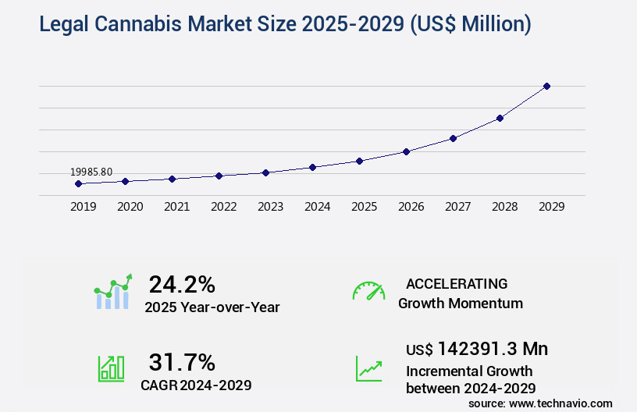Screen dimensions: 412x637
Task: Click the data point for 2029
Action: tap(546, 86)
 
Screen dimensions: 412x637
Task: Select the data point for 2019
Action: tap(78, 183)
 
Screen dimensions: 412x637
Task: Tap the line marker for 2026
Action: tap(406, 151)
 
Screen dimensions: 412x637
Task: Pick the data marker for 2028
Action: tap(500, 118)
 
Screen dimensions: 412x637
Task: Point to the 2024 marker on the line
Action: tap(312, 167)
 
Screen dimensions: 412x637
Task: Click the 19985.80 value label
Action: tap(91, 172)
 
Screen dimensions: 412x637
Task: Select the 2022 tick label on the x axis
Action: tap(223, 207)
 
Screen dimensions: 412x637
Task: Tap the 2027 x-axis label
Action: tap(457, 207)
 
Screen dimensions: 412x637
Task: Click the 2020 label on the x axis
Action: tap(130, 207)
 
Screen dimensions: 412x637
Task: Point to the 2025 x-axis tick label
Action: tap(364, 207)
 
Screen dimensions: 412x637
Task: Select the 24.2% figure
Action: tap(182, 284)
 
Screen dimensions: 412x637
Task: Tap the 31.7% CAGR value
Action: tap(182, 362)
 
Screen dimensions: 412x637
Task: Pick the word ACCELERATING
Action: tap(457, 283)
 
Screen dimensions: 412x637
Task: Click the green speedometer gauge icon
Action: tap(368, 290)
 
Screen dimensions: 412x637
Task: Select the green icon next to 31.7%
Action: tap(111, 368)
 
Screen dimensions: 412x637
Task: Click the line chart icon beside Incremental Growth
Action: tap(368, 368)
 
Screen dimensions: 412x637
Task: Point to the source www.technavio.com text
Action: tap(540, 403)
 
